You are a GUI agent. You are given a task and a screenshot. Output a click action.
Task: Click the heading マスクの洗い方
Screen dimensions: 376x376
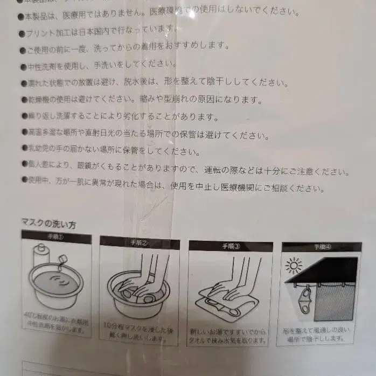(x=48, y=223)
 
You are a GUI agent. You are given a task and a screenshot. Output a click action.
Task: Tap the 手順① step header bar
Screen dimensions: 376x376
(x=56, y=236)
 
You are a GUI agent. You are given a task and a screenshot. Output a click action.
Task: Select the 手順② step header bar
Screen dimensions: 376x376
(x=138, y=243)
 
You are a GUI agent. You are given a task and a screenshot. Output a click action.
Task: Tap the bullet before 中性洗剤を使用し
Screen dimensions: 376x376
(x=22, y=67)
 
